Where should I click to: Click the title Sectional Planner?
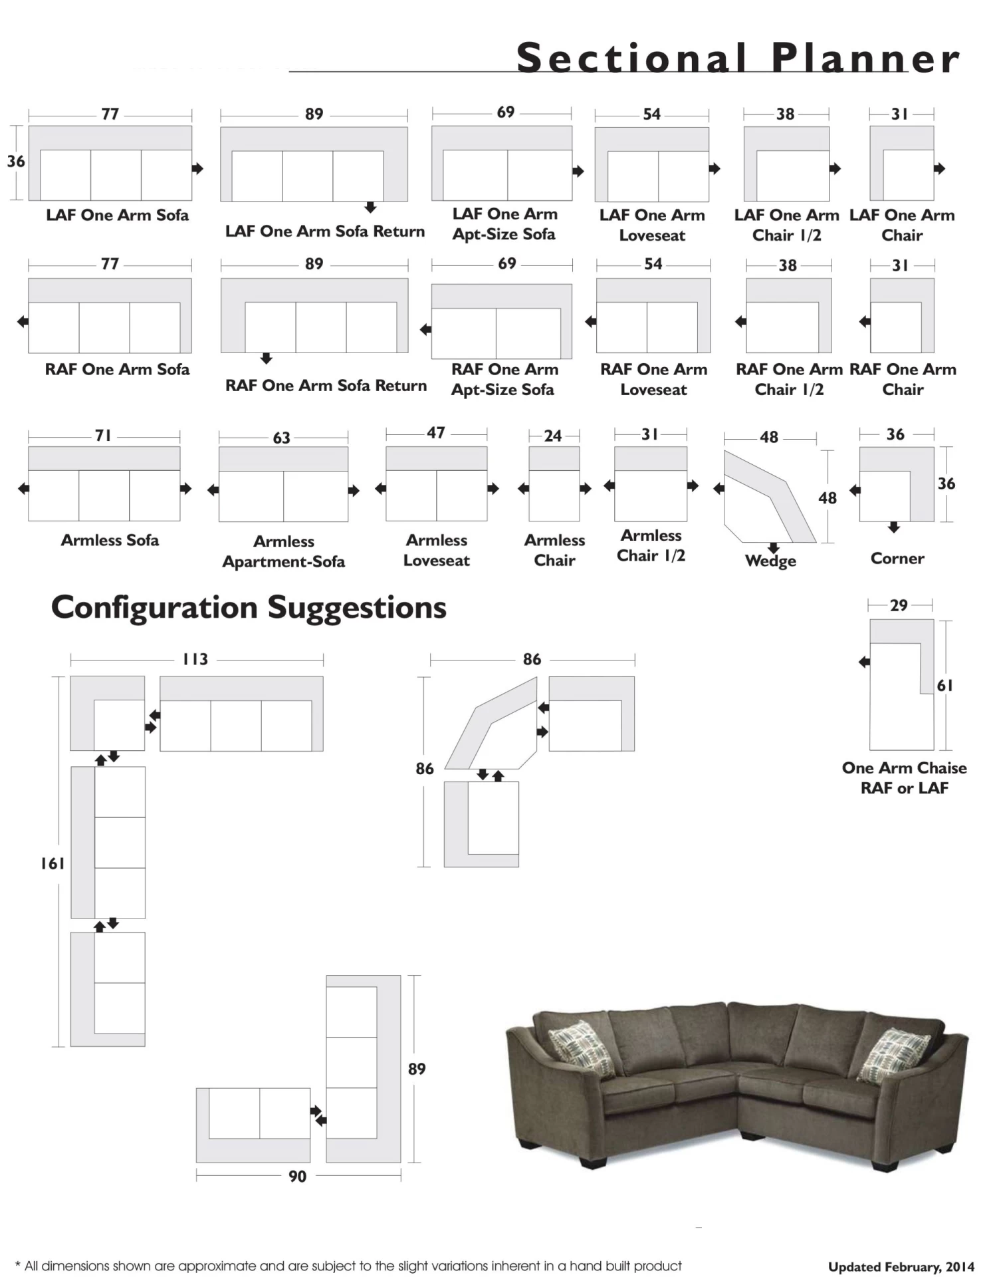(x=738, y=58)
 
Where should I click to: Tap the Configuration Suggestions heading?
(x=249, y=607)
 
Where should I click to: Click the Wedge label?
(x=770, y=561)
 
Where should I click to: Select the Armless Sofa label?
(x=110, y=540)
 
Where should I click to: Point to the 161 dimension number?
(x=53, y=863)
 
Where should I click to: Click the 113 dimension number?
(x=195, y=659)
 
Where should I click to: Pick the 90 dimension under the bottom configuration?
(x=297, y=1177)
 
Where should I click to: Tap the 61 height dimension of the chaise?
(x=944, y=685)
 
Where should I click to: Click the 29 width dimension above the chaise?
(x=899, y=605)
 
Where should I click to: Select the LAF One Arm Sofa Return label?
(x=325, y=231)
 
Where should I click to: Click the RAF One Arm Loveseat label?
(x=653, y=379)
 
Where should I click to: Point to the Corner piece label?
(x=897, y=559)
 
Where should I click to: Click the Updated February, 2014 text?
(x=901, y=1266)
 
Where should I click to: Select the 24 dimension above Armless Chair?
(x=553, y=436)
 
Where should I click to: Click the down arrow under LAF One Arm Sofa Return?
(x=371, y=208)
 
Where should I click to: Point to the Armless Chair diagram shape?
(x=554, y=484)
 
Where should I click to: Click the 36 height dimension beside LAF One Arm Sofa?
(x=16, y=162)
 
